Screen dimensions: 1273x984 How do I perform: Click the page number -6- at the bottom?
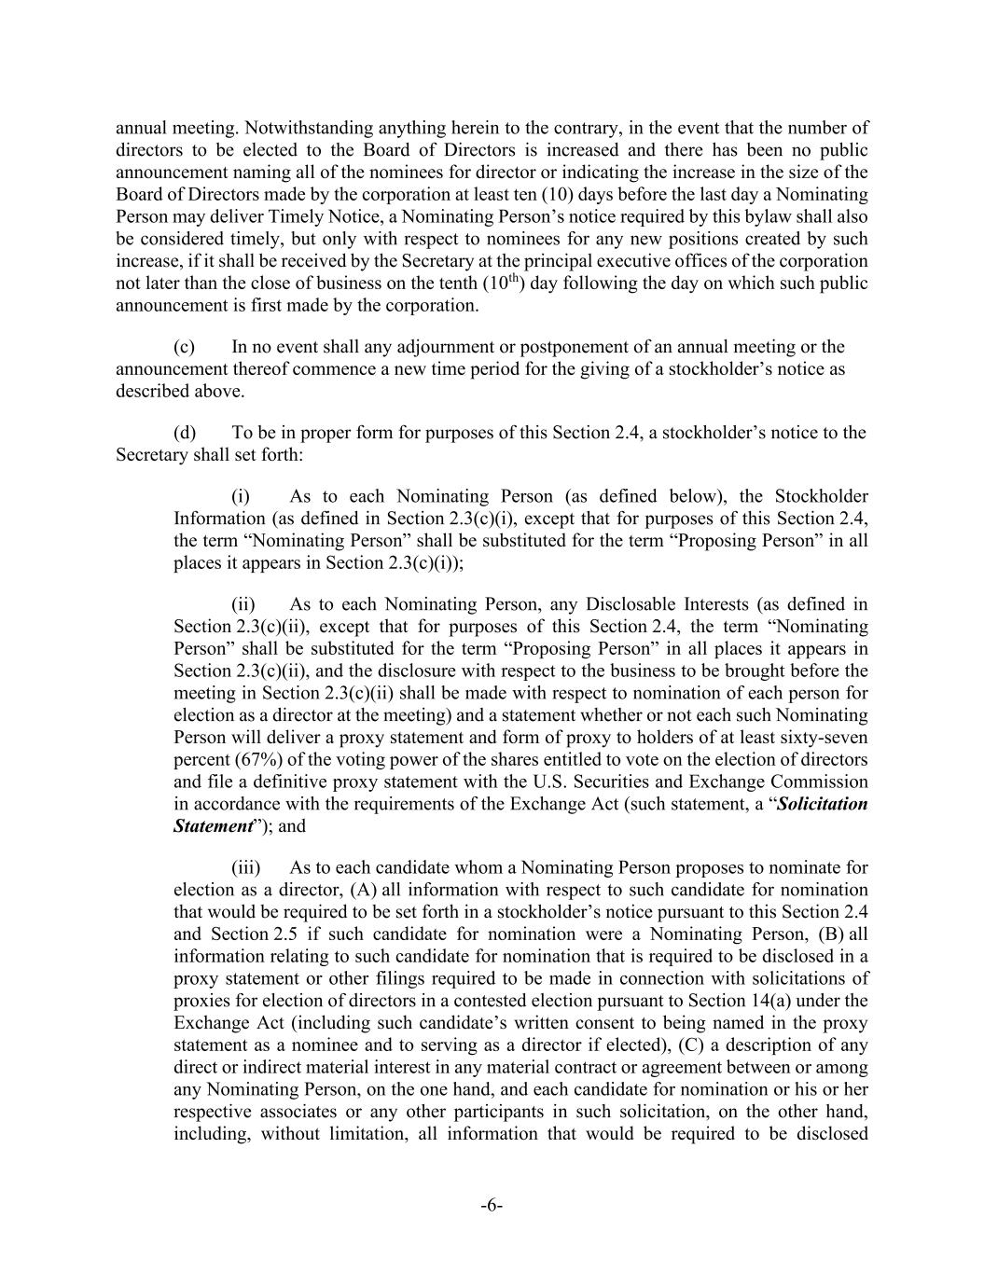point(492,1207)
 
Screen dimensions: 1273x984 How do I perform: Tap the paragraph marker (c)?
point(184,347)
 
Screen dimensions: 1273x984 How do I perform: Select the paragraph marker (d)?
point(185,433)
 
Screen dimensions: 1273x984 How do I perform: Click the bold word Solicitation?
point(822,804)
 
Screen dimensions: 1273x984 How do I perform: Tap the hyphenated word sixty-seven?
point(825,738)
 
